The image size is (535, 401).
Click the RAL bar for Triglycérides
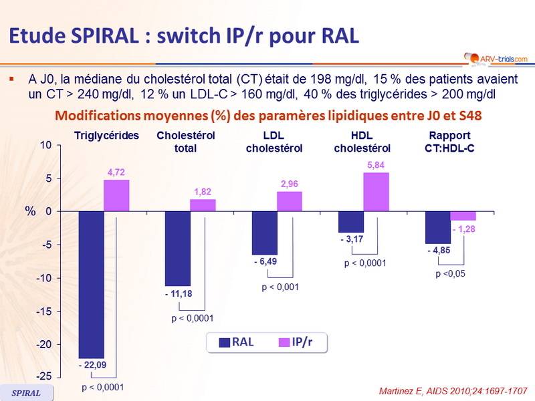[91, 284]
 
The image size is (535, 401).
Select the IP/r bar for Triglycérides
[116, 195]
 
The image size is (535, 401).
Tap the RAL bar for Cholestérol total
[177, 248]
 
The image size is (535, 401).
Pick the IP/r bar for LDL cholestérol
[290, 201]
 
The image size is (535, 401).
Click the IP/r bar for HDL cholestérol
[376, 192]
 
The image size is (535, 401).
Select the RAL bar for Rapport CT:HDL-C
[438, 227]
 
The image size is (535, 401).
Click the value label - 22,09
[92, 365]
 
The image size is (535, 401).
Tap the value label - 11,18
[178, 293]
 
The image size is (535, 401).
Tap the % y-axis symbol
[30, 211]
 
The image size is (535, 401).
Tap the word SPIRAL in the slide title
[101, 35]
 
